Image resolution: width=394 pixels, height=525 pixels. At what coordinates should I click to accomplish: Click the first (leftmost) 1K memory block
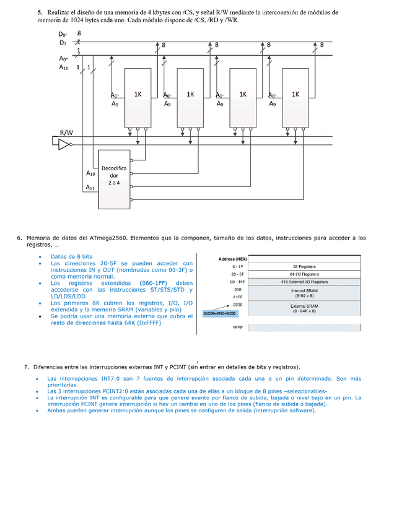point(138,96)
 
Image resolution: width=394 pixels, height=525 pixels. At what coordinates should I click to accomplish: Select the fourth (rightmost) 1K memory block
point(295,96)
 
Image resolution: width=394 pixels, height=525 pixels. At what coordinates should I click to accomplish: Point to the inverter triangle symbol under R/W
point(63,144)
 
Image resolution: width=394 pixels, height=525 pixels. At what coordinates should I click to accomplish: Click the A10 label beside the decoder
point(90,174)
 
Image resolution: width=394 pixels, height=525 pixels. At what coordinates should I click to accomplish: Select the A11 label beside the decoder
point(90,188)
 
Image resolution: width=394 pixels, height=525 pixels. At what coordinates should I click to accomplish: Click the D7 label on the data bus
point(63,43)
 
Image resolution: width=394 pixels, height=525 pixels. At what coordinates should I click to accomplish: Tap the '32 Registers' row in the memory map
point(304,266)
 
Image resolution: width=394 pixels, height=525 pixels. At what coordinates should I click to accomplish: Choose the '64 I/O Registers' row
point(304,274)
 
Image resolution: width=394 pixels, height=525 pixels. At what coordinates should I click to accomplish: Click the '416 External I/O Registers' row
point(304,282)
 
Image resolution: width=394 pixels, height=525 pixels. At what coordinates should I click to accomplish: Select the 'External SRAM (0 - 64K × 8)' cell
point(304,308)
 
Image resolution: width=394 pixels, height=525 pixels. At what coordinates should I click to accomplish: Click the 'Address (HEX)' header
point(233,259)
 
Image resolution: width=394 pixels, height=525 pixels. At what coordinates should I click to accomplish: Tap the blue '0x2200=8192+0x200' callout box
point(219,314)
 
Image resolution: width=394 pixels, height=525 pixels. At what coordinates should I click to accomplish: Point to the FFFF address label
point(238,328)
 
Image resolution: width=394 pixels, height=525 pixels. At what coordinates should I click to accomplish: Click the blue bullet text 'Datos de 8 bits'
point(71,256)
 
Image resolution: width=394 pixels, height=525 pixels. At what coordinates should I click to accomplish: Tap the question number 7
point(27,367)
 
